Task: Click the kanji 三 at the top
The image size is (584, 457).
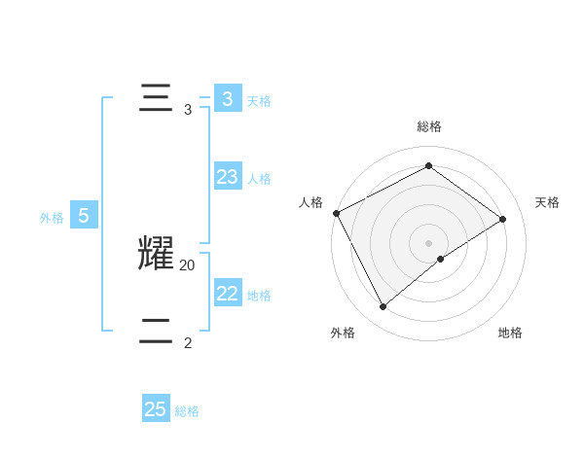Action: point(156,98)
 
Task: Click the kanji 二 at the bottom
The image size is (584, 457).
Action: point(156,332)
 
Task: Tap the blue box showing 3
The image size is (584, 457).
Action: point(228,98)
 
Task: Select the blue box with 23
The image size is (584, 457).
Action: point(228,176)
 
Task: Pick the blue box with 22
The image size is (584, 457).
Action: point(228,293)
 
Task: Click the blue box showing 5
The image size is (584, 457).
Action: point(84,216)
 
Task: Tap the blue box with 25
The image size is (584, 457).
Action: point(156,409)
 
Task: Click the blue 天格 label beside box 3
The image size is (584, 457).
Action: point(259,100)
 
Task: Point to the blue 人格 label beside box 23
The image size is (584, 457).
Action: point(259,179)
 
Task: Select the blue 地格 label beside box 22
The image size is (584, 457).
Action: point(259,296)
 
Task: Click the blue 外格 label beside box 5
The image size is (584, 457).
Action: point(52,219)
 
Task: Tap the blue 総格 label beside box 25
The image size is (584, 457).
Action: point(187,412)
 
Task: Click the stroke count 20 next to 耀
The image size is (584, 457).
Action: point(188,264)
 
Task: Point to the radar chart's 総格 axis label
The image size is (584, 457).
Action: point(429,126)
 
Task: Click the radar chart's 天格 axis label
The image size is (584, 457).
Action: point(548,202)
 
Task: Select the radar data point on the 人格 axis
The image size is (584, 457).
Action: point(336,213)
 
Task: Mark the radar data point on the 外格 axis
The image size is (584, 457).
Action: point(383,307)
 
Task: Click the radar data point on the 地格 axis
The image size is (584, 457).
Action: point(441,259)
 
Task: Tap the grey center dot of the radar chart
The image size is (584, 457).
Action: point(429,242)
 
